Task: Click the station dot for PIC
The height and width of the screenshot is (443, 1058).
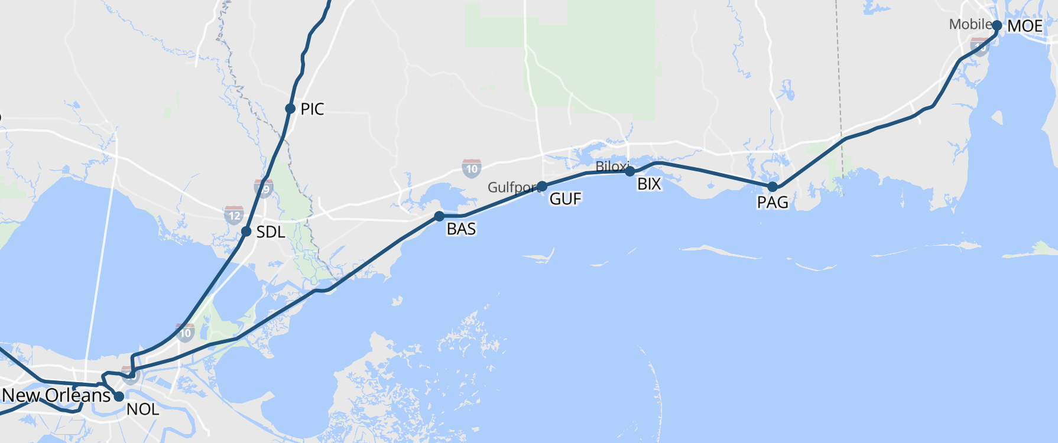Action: pyautogui.click(x=290, y=109)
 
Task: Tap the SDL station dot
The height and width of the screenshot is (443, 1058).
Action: pyautogui.click(x=246, y=232)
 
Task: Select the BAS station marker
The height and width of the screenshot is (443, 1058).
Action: pyautogui.click(x=439, y=216)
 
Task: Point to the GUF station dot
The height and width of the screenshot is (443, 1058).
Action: pyautogui.click(x=542, y=187)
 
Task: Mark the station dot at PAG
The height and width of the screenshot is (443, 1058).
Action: pyautogui.click(x=773, y=187)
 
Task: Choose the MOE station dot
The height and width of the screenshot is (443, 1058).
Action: pyautogui.click(x=997, y=25)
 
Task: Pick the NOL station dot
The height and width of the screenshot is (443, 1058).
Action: pyautogui.click(x=119, y=396)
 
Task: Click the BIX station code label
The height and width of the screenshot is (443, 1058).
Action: pyautogui.click(x=649, y=184)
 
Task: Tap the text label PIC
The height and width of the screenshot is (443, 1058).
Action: pyautogui.click(x=312, y=109)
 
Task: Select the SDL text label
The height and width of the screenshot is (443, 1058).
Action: pyautogui.click(x=271, y=233)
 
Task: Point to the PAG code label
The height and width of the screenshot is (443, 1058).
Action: pyautogui.click(x=773, y=203)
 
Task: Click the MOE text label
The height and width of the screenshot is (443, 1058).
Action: pyautogui.click(x=1025, y=27)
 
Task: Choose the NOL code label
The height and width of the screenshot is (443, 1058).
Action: pyautogui.click(x=142, y=409)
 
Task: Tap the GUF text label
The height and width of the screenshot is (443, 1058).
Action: pyautogui.click(x=566, y=199)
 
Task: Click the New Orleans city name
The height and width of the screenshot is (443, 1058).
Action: pyautogui.click(x=57, y=395)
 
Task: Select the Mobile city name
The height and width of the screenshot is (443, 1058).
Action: pyautogui.click(x=970, y=24)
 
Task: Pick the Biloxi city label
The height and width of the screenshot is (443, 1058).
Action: pyautogui.click(x=611, y=167)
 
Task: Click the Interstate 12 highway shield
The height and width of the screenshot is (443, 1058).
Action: pyautogui.click(x=234, y=215)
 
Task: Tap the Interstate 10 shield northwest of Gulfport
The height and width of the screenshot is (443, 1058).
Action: pyautogui.click(x=471, y=169)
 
